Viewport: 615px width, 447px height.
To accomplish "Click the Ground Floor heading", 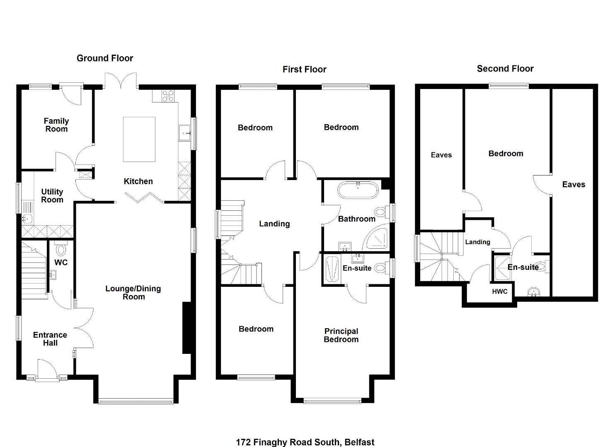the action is pyautogui.click(x=105, y=58).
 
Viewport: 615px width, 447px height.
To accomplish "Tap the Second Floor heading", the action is pyautogui.click(x=505, y=69).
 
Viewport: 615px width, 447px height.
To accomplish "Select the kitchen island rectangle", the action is pyautogui.click(x=139, y=139).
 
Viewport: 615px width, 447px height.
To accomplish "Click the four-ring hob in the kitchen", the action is pyautogui.click(x=168, y=96).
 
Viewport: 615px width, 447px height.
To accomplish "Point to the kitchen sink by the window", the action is pyautogui.click(x=185, y=133).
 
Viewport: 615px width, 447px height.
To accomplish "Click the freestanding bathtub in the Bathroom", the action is pyautogui.click(x=358, y=190).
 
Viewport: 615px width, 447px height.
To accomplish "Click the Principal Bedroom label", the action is pyautogui.click(x=341, y=335).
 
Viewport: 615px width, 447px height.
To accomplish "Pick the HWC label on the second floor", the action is pyautogui.click(x=500, y=291).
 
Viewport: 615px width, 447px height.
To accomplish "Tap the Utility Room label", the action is pyautogui.click(x=52, y=195).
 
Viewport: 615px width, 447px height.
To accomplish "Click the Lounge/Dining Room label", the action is pyautogui.click(x=133, y=292).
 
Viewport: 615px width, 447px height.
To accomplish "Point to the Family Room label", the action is pyautogui.click(x=56, y=125).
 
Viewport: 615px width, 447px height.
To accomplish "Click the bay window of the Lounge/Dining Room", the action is pyautogui.click(x=136, y=401).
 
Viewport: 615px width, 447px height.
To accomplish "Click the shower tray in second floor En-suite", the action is pyautogui.click(x=503, y=268).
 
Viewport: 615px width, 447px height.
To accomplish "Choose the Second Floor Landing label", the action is pyautogui.click(x=478, y=242).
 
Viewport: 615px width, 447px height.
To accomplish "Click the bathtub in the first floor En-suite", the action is pyautogui.click(x=333, y=269).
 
